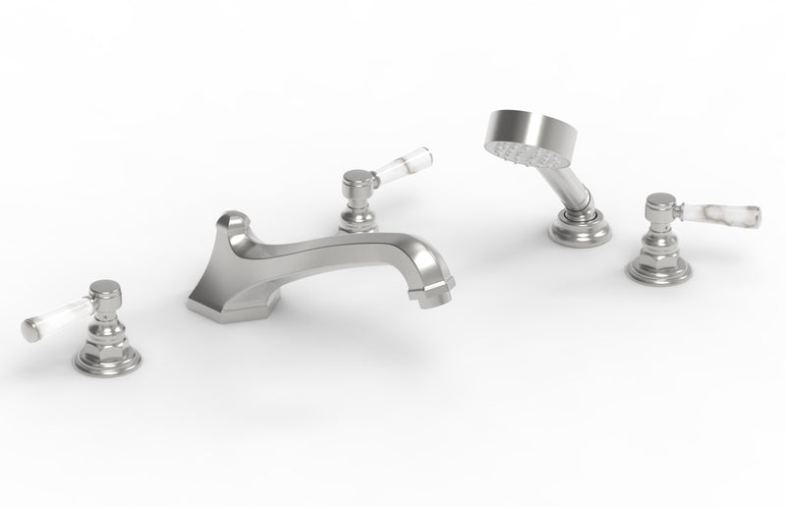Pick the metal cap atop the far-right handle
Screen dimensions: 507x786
click(660, 206)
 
